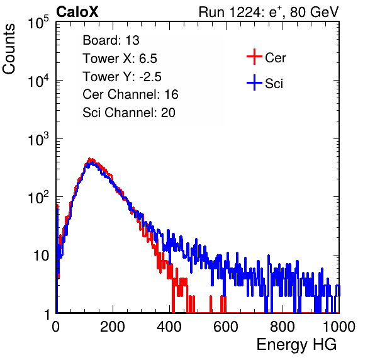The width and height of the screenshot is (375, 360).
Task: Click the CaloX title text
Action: coord(77,12)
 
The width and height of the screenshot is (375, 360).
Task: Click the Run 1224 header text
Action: coord(269,12)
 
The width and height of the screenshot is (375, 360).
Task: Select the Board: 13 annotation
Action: coord(111,40)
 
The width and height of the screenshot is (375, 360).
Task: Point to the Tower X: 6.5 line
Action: coord(120,59)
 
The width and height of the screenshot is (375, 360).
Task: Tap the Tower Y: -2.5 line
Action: coord(122,77)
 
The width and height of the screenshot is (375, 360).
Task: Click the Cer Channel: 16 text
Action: coord(130,94)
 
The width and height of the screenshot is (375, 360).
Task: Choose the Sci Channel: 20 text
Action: coord(129,113)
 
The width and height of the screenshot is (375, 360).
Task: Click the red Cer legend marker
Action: coord(254,57)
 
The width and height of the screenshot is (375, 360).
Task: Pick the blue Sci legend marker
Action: coord(254,83)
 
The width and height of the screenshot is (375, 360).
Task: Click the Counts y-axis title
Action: coord(9,49)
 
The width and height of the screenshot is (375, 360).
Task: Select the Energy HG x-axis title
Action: coord(296,345)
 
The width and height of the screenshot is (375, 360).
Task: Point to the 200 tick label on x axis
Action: coord(113,327)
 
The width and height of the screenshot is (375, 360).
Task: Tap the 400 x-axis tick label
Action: coord(169,327)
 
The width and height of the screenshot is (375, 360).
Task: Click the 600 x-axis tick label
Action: coord(226,327)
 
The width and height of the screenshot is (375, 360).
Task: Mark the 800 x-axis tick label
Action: coord(283,327)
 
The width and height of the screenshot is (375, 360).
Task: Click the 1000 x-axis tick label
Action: coord(339,327)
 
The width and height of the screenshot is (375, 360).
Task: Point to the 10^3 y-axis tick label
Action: coord(38,139)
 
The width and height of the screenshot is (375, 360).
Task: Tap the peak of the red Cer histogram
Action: coord(89,159)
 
